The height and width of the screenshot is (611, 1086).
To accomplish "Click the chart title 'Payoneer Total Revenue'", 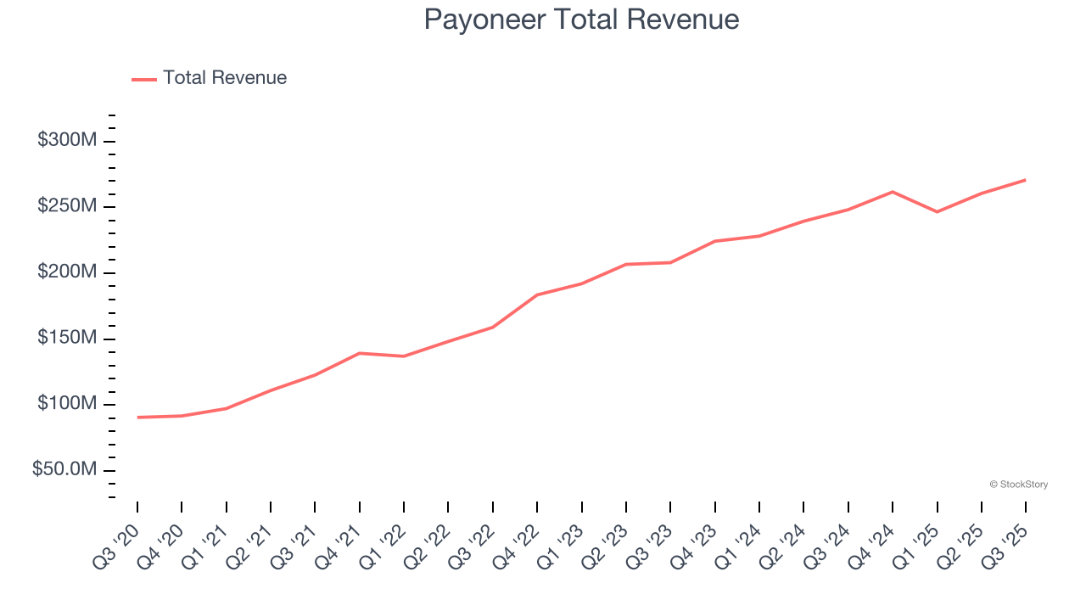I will point(581,20).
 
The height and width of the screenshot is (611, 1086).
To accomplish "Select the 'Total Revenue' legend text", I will point(225,78).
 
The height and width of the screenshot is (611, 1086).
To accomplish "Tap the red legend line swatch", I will point(144,79).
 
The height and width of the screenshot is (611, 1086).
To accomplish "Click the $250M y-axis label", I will point(66,207).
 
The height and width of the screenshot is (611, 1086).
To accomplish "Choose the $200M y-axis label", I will point(66,272).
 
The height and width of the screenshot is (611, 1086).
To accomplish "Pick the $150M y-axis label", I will point(66,339).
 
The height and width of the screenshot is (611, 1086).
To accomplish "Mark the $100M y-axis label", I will point(66,404).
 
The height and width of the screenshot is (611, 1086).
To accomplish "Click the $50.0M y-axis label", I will point(64,470).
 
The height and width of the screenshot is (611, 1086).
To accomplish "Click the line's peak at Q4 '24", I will point(893,192).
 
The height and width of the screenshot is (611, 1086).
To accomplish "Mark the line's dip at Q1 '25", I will point(937,211).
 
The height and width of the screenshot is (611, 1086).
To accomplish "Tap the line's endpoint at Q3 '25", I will point(1025,180).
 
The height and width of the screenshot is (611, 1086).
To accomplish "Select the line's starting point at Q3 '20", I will point(137,418).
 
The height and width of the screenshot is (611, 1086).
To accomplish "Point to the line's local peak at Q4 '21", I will point(360,353).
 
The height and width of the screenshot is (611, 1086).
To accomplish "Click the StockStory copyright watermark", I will point(1018,485).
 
